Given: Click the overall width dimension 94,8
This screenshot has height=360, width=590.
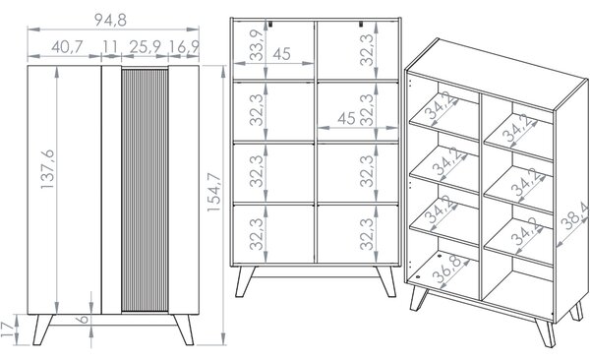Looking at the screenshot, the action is pyautogui.click(x=110, y=20).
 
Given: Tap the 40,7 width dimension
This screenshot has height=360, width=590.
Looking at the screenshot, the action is pyautogui.click(x=67, y=47).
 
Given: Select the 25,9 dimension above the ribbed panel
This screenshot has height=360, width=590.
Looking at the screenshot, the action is pyautogui.click(x=146, y=47).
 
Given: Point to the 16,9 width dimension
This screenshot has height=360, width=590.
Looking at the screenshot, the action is pyautogui.click(x=184, y=47).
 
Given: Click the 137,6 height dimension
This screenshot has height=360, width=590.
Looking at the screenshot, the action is pyautogui.click(x=48, y=169).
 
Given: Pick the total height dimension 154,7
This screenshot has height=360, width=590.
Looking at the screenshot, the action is pyautogui.click(x=214, y=192).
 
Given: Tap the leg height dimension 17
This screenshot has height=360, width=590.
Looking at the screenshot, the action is pyautogui.click(x=7, y=330).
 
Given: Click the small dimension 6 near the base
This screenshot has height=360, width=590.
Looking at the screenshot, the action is pyautogui.click(x=84, y=320).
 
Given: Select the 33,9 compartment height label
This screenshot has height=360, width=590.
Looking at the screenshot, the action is pyautogui.click(x=257, y=45).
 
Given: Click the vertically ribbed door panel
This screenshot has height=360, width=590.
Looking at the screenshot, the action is pyautogui.click(x=145, y=190).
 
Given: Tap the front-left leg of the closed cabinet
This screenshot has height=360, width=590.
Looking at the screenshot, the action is pyautogui.click(x=42, y=330).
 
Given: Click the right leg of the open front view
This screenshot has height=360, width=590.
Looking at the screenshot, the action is pyautogui.click(x=386, y=281).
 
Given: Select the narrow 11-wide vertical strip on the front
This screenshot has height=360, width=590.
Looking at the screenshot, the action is pyautogui.click(x=111, y=190).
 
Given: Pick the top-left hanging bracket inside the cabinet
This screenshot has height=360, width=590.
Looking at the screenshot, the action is pyautogui.click(x=270, y=24).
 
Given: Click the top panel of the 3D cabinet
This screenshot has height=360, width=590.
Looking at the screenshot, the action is pyautogui.click(x=498, y=74).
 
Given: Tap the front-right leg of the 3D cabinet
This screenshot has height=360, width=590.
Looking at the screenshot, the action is pyautogui.click(x=545, y=332).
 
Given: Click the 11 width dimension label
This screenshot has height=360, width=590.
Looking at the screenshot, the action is pyautogui.click(x=110, y=47).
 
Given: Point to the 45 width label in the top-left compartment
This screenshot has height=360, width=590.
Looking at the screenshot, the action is pyautogui.click(x=282, y=54).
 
